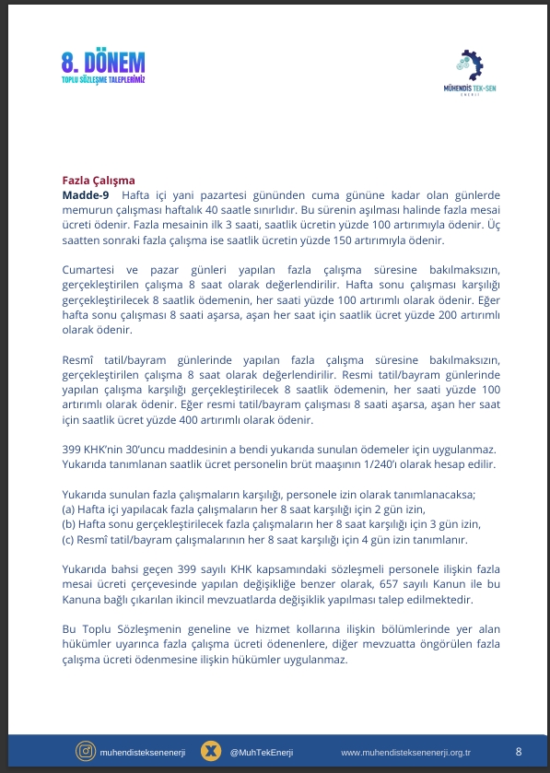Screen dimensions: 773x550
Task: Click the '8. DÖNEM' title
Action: click(x=104, y=64)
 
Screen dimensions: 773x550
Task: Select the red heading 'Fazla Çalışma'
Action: click(x=98, y=181)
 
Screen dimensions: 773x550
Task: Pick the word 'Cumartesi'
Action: click(x=90, y=269)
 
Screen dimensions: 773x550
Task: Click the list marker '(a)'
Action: click(x=69, y=509)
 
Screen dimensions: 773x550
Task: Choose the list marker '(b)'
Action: click(x=69, y=523)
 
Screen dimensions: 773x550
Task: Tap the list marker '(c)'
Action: click(x=69, y=538)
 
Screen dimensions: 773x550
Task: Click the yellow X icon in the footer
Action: click(x=212, y=752)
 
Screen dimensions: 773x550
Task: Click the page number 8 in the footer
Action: click(x=518, y=751)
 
